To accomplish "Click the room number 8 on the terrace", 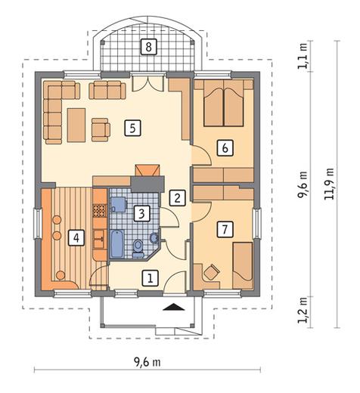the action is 148,47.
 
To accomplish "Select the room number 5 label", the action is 132,128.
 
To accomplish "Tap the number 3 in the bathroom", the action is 141,214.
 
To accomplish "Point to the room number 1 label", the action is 151,278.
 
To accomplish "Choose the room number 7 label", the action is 225,229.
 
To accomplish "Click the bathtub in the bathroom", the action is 117,244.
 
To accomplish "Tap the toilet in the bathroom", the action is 138,247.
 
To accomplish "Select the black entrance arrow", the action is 174,307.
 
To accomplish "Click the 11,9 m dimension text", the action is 329,184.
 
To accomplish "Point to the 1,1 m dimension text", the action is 303,56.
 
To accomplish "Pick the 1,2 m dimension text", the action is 303,310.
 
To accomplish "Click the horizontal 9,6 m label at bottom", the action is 147,362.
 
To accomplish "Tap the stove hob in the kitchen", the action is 100,211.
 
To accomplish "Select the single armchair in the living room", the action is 101,130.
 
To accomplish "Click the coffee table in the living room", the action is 76,125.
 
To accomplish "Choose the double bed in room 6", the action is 223,103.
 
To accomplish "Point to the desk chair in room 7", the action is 211,273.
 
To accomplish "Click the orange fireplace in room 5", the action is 147,171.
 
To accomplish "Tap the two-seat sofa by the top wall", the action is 107,90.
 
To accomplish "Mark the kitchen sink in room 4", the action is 100,239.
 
